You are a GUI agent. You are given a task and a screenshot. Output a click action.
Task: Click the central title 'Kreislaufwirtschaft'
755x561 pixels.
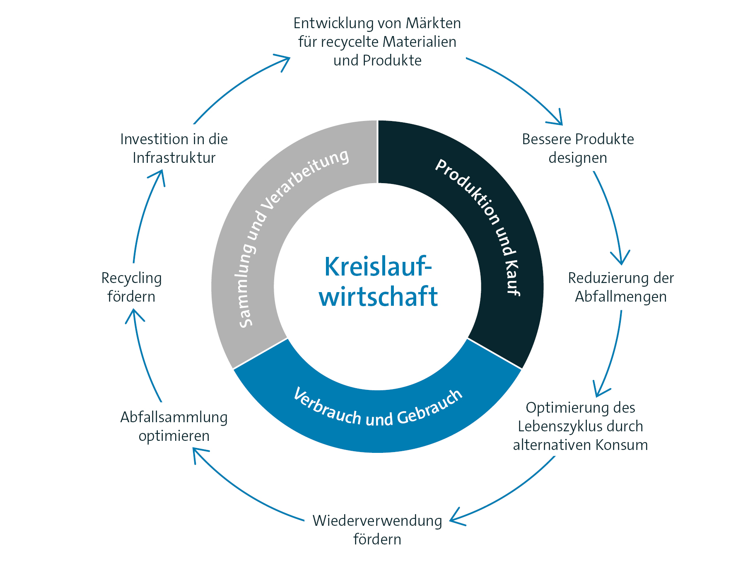pos(377,282)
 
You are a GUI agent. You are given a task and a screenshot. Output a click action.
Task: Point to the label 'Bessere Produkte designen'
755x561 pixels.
pos(578,148)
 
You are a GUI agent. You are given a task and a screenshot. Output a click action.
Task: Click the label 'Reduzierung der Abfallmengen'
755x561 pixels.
pos(620,287)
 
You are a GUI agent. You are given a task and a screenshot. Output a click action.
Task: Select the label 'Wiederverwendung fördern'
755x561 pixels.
pos(377,530)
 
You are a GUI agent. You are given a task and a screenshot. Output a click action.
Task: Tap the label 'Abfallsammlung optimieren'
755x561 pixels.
pos(174,426)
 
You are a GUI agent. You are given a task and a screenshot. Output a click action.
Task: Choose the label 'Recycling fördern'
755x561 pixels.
pos(131,287)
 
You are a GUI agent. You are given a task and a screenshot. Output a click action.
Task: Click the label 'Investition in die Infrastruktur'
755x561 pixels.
pos(174,148)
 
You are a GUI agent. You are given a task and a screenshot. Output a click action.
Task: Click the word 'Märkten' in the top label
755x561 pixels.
pos(433,23)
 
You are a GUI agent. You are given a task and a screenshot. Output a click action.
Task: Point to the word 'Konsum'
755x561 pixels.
pos(622,445)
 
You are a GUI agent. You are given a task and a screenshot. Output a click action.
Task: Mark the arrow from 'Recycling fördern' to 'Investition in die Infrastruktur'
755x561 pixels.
pos(145,215)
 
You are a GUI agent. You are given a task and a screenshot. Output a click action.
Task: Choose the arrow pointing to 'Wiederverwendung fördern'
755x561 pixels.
pos(509,493)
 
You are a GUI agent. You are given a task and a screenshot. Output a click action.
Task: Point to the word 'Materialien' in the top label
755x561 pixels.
pos(420,42)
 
